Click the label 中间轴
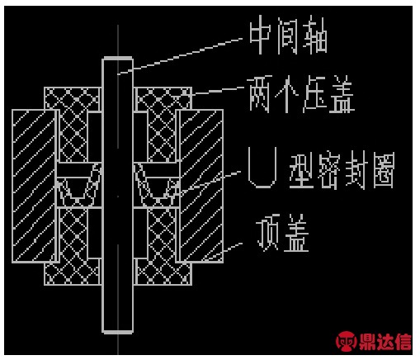click(x=288, y=35)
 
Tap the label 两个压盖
click(x=300, y=94)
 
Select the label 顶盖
click(x=282, y=233)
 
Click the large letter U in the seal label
click(x=262, y=168)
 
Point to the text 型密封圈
click(x=342, y=171)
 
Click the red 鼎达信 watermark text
click(x=385, y=341)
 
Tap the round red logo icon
click(x=347, y=341)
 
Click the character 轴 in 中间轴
click(x=315, y=35)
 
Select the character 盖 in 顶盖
click(x=296, y=233)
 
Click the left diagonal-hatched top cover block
click(x=35, y=186)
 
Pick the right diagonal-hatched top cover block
click(x=200, y=186)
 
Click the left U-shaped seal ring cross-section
click(x=79, y=184)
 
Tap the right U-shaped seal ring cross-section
click(x=156, y=184)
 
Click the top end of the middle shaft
click(x=118, y=58)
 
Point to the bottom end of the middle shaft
click(x=118, y=332)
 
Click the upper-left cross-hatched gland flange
click(x=73, y=98)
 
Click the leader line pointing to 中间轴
click(x=180, y=56)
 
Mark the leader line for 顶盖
click(x=233, y=247)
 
